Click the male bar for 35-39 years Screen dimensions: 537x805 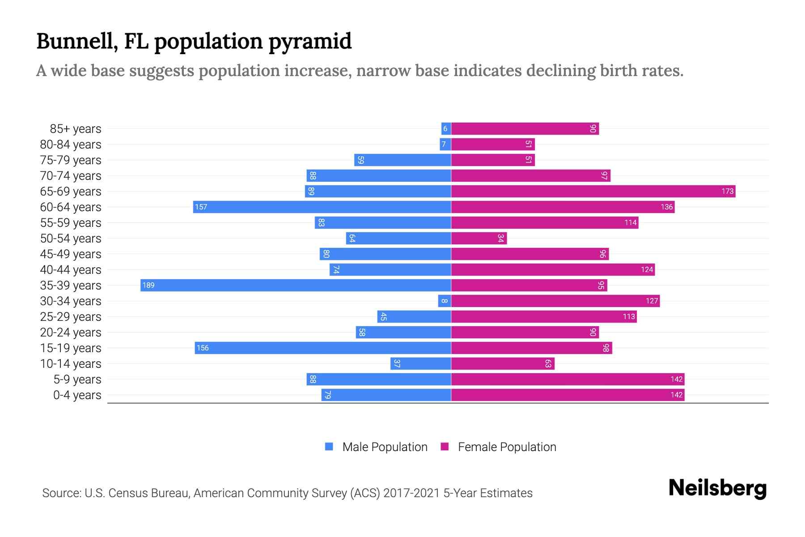click(295, 285)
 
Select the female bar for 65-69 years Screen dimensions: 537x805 click(593, 191)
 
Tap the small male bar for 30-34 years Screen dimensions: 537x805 click(444, 301)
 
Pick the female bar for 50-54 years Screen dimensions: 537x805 click(479, 238)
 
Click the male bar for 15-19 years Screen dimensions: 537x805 click(322, 348)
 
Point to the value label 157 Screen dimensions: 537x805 click(201, 207)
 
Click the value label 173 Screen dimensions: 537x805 click(727, 191)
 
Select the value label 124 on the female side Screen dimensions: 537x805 click(647, 269)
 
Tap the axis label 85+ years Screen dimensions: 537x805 click(75, 129)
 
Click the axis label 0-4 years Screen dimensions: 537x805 click(77, 395)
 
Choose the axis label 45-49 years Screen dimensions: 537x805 click(71, 254)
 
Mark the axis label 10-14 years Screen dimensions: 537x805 click(71, 364)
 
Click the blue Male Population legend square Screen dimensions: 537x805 click(329, 447)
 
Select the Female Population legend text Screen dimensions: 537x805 click(507, 447)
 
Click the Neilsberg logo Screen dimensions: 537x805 click(717, 488)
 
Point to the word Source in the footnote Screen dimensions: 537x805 click(60, 493)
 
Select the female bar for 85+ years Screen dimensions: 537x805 click(525, 128)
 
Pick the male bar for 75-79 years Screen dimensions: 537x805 click(402, 160)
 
